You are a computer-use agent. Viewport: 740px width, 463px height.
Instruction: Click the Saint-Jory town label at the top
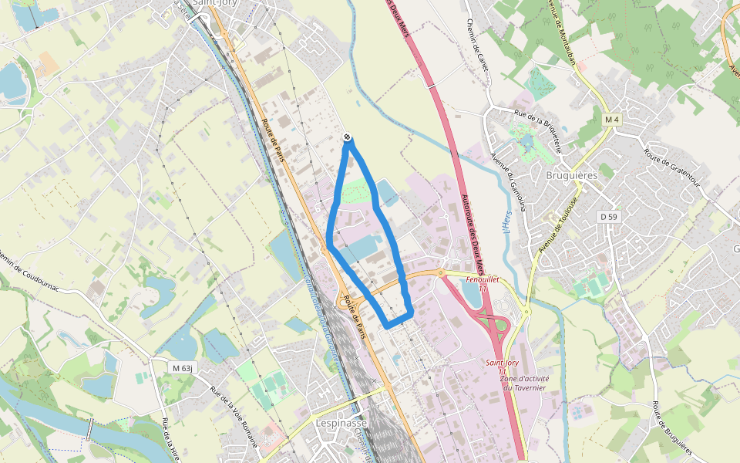pos(215,3)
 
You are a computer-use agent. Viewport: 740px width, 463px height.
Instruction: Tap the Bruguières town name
pos(571,175)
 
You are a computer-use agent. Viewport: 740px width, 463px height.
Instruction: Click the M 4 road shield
pos(612,120)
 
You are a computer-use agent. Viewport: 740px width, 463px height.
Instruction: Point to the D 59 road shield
pos(609,217)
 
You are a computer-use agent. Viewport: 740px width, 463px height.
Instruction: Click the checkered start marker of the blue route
pos(348,137)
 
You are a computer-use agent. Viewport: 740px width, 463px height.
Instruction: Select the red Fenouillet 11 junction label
pos(483,282)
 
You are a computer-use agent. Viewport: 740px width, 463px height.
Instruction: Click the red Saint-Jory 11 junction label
pos(502,367)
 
